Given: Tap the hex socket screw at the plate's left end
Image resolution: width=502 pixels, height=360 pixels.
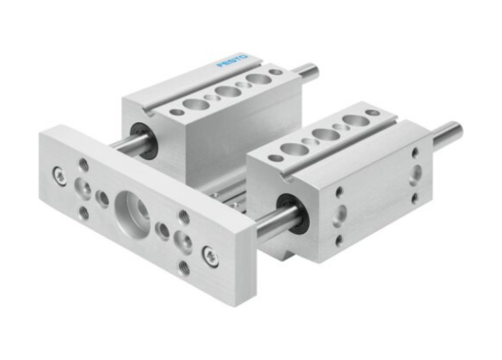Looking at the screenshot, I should click(x=61, y=174).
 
